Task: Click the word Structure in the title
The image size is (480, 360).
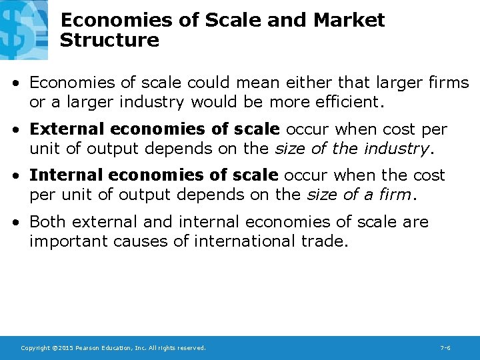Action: point(109,40)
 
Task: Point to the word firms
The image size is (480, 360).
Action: point(447,83)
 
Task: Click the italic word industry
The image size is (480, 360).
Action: point(397,148)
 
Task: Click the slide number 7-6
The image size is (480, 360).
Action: point(445,348)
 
